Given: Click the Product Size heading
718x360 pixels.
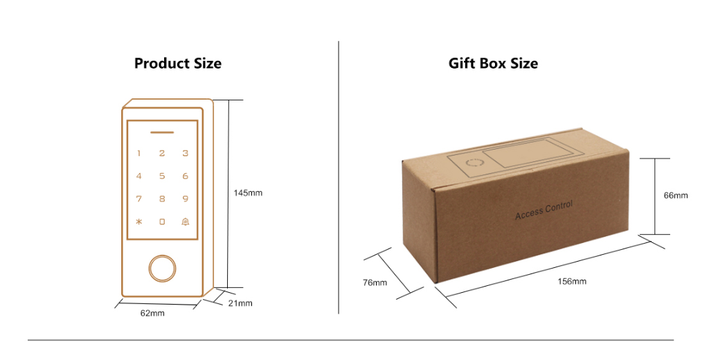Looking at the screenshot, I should click(178, 64).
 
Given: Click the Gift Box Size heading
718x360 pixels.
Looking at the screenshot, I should click(493, 64).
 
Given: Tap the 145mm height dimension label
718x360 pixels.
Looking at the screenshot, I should click(249, 192).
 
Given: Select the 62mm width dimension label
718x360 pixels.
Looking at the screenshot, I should click(152, 314).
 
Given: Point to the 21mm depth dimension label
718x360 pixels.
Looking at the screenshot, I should click(240, 303).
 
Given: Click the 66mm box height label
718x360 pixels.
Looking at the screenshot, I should click(676, 195).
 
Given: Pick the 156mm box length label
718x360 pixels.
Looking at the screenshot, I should click(572, 281).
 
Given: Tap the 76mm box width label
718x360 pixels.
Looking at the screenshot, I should click(375, 282).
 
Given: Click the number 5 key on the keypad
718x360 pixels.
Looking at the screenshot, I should click(162, 176).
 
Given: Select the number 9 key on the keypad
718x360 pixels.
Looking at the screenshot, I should click(185, 199).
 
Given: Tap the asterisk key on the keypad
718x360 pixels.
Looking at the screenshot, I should click(138, 222).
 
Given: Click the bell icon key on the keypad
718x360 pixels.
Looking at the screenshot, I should click(185, 222).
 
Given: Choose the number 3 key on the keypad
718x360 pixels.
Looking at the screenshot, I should click(185, 153).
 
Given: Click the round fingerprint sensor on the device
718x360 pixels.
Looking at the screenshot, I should click(162, 268).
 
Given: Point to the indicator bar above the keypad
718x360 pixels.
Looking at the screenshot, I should click(162, 132).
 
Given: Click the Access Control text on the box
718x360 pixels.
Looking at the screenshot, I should click(544, 210).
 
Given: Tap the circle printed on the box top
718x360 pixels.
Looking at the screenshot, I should click(474, 164).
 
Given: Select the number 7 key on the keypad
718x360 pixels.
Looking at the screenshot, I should click(138, 199).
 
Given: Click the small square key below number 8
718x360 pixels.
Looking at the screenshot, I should click(162, 222).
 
